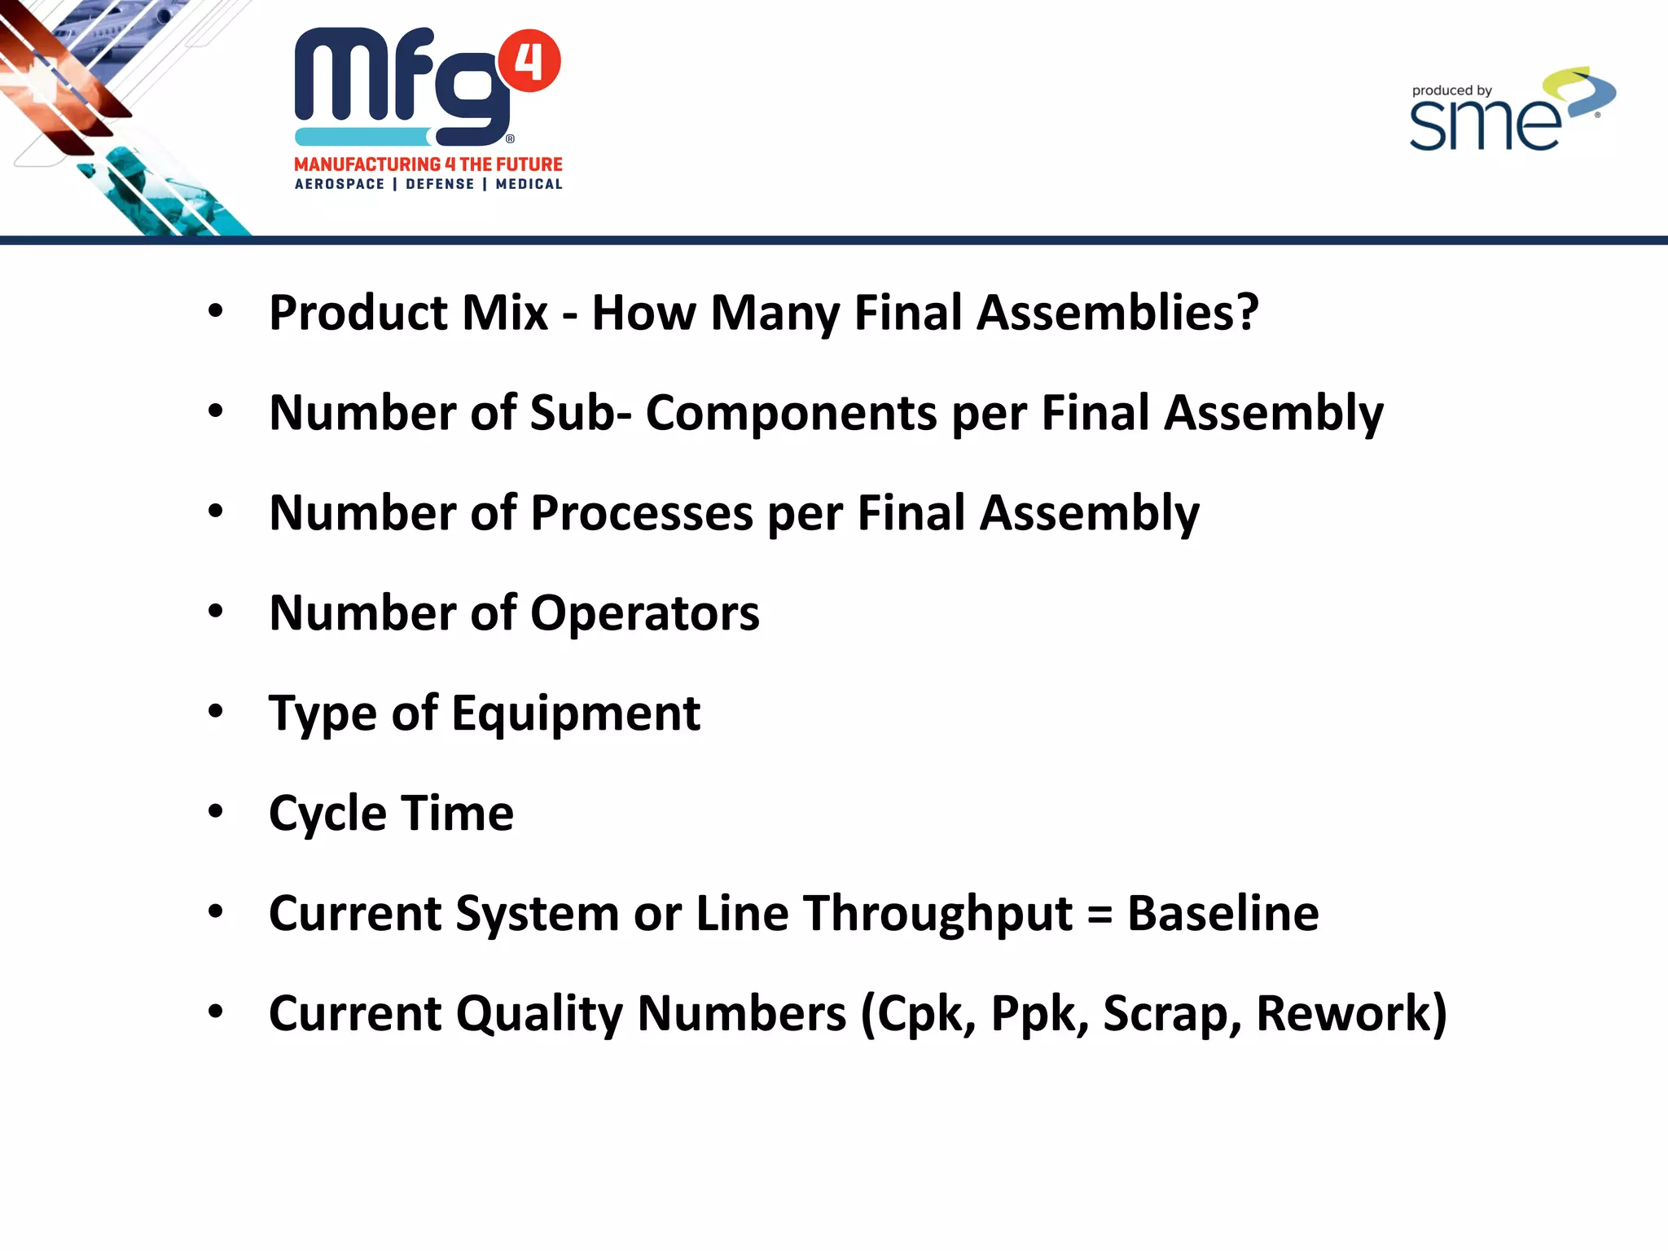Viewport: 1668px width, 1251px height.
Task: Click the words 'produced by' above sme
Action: pyautogui.click(x=1451, y=90)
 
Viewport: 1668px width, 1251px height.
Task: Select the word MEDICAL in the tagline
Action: pyautogui.click(x=529, y=185)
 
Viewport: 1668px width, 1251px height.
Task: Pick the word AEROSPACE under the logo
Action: pyautogui.click(x=340, y=185)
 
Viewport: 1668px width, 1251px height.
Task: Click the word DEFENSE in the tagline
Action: pyautogui.click(x=440, y=185)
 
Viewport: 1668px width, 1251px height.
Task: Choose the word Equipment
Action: pyautogui.click(x=576, y=714)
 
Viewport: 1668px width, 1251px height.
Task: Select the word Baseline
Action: pyautogui.click(x=1222, y=913)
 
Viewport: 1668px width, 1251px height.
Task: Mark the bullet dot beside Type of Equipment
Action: pyautogui.click(x=215, y=711)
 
